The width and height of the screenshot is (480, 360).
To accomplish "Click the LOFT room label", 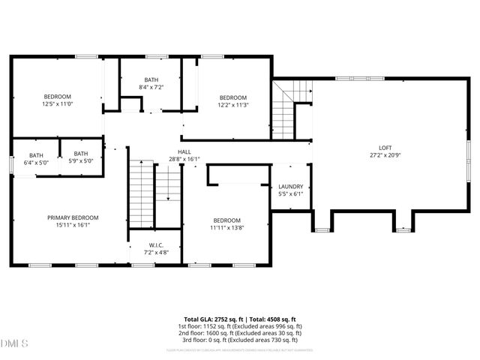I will pos(385,148).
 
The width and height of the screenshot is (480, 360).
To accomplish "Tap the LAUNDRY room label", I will pos(290,187).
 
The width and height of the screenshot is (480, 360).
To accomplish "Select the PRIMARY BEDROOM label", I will pos(73,217).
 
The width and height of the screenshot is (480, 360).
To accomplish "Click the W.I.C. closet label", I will pos(156,244).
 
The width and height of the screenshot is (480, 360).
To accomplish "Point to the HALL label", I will pos(184,151).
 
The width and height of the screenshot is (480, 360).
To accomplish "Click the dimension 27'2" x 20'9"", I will pos(385,155).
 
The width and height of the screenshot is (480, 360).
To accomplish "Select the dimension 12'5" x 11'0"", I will pos(57,104).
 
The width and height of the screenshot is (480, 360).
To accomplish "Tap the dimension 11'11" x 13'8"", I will pos(226,227).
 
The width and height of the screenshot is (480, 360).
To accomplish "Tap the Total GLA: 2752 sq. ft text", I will pos(211,319).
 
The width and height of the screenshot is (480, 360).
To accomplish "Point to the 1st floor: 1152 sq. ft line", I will pos(240,326).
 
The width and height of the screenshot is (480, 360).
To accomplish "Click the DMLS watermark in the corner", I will pos(13,344).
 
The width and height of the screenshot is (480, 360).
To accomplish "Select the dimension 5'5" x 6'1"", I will pos(290,194).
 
